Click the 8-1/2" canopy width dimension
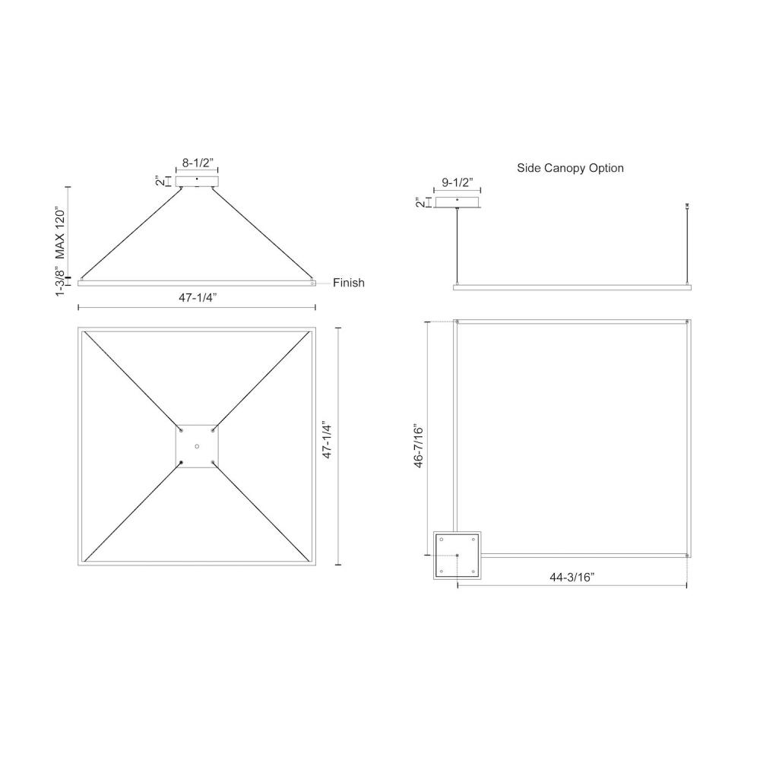(x=198, y=163)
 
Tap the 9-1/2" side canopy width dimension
(x=458, y=182)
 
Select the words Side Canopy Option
(x=570, y=168)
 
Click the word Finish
(x=349, y=283)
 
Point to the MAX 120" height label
(x=59, y=233)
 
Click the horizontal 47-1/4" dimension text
(x=198, y=298)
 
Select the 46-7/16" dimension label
(x=418, y=447)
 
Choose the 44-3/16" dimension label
(x=572, y=578)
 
